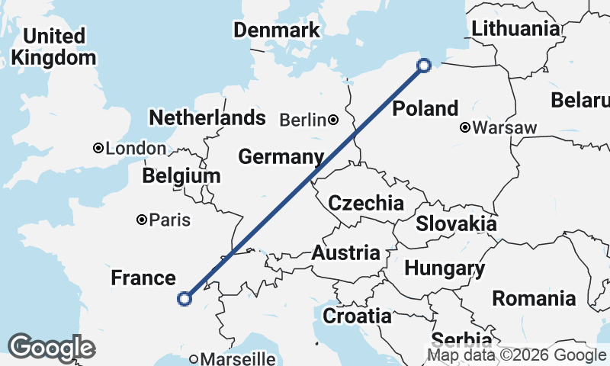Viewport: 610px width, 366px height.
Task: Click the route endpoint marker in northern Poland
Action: (x=425, y=66)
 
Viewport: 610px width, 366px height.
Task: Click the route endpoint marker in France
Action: (x=184, y=298)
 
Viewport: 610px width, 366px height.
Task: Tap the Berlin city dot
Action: (x=333, y=120)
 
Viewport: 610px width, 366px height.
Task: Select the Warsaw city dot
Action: (x=464, y=128)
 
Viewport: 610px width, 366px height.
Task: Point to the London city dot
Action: (x=98, y=148)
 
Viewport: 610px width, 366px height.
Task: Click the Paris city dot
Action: (x=141, y=220)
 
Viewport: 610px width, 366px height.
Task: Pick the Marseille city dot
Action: (x=194, y=358)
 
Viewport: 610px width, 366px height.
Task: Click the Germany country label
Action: (x=277, y=157)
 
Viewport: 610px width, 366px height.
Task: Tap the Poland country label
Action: (x=425, y=108)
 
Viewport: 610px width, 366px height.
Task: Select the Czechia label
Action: (x=365, y=203)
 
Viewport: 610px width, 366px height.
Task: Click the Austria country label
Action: (x=345, y=253)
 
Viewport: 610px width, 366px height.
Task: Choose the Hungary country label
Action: (x=445, y=268)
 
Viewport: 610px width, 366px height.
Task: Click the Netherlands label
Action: (x=207, y=118)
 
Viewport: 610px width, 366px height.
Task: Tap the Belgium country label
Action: (x=181, y=176)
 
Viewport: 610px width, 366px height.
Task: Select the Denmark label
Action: (x=276, y=30)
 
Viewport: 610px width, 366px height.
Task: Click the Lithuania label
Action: (x=515, y=28)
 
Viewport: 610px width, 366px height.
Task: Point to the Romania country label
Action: (x=534, y=297)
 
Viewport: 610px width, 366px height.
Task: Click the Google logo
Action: (x=52, y=348)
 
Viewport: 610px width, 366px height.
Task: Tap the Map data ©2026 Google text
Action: (x=516, y=355)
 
